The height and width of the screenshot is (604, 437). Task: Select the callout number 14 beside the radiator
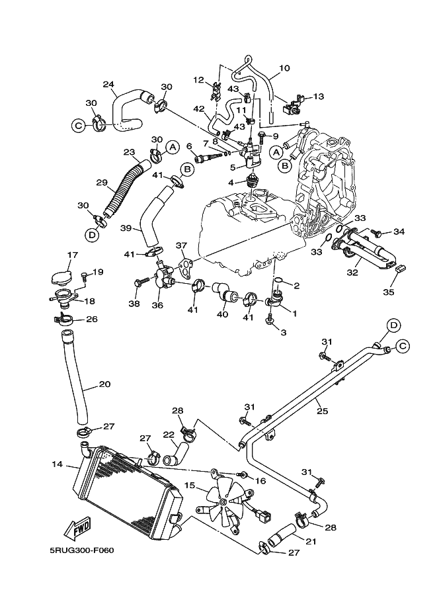(x=56, y=465)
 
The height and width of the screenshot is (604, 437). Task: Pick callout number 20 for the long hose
(x=104, y=384)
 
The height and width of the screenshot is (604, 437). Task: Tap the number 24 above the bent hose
(x=109, y=84)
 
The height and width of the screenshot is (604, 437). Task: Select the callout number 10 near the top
(x=284, y=67)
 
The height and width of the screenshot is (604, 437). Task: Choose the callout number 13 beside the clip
(x=318, y=97)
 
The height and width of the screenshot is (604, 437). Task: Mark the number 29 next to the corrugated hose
(x=101, y=182)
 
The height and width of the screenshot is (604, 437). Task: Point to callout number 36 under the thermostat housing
(x=158, y=306)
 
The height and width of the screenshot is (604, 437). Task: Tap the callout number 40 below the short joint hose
(x=222, y=314)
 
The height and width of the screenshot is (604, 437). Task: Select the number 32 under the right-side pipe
(x=354, y=272)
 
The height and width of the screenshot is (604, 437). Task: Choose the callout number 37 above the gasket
(x=182, y=245)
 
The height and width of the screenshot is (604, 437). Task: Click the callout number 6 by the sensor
(x=189, y=146)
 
